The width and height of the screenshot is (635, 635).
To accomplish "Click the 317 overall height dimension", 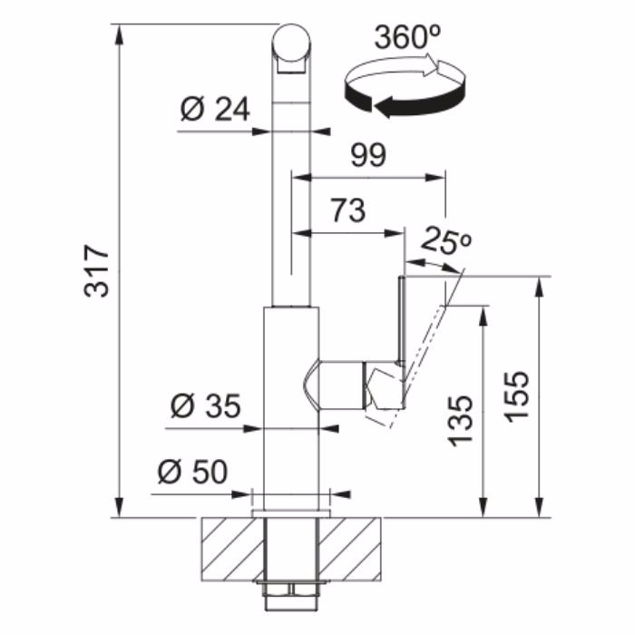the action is click(97, 270).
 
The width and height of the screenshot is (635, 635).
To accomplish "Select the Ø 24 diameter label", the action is click(215, 110).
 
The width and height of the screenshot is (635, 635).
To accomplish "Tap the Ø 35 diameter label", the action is click(206, 405).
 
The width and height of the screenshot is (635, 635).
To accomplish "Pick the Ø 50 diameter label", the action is click(192, 472).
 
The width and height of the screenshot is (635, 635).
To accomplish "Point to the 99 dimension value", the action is click(368, 155).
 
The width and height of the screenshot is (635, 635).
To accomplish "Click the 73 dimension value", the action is click(348, 210).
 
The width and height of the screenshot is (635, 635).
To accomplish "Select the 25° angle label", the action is click(446, 241).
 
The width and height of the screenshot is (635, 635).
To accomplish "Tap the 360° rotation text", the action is click(408, 37).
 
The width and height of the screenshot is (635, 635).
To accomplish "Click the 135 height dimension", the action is click(460, 421).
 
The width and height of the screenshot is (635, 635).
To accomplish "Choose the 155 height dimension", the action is click(517, 397).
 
